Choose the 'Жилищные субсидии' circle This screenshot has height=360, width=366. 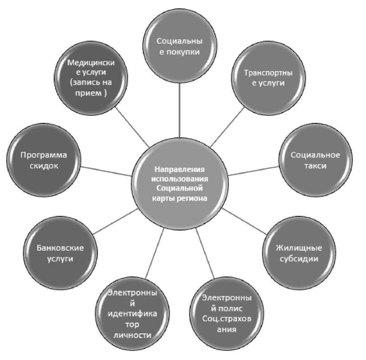299,253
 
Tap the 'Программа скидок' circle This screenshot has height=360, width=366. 44,160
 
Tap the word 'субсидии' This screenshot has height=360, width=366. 299,259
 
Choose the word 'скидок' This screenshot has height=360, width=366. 44,166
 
